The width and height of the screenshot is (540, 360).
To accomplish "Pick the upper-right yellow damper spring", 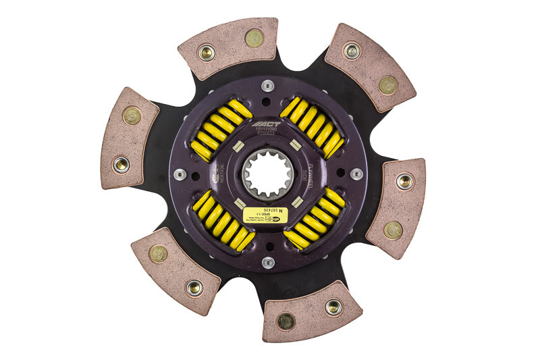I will coord(313,127).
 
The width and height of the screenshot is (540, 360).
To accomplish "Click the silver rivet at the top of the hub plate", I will coord(268,86).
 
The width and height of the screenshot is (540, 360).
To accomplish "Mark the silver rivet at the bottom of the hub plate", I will coord(268,262).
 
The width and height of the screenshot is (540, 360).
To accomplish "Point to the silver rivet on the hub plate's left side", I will coord(180,174).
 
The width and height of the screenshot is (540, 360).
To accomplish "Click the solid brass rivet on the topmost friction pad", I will coord(254,38).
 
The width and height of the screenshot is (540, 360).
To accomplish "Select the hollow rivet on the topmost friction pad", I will coord(207,52).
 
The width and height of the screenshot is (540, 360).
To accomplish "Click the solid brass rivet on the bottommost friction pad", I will coord(286,321).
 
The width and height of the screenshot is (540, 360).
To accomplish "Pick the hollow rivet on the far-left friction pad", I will coord(121,163).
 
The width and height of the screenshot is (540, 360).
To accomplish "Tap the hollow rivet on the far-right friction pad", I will coord(404,181).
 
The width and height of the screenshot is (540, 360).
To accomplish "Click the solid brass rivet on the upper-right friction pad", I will coord(387,85).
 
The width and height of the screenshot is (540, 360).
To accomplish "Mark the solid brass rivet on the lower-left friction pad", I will coord(158,254).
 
